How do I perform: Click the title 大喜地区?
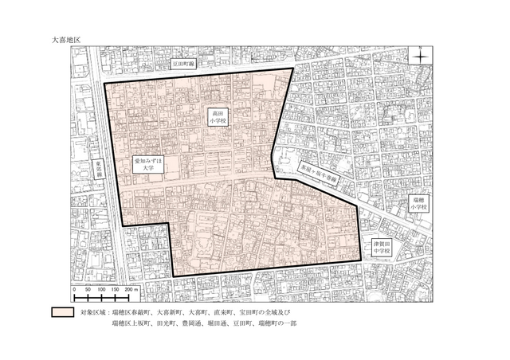[66, 37]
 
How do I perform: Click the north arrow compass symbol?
[420, 55]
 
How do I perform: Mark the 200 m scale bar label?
[133, 289]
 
